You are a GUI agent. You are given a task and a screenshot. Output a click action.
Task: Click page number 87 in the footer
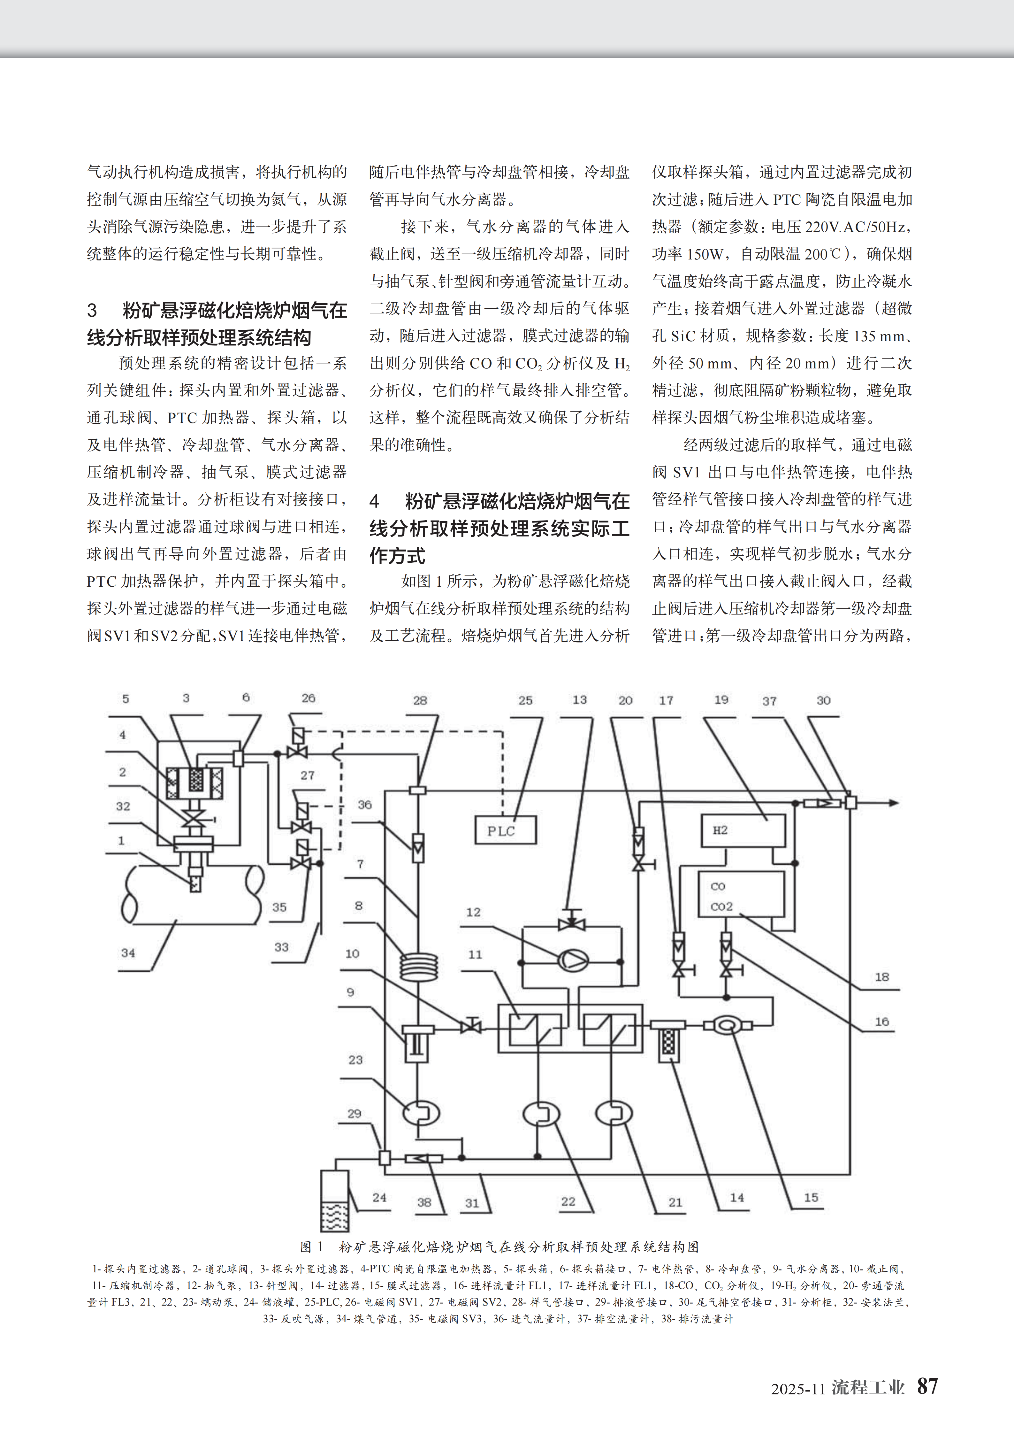(927, 1385)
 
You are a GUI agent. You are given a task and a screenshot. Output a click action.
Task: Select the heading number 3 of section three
(93, 311)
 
